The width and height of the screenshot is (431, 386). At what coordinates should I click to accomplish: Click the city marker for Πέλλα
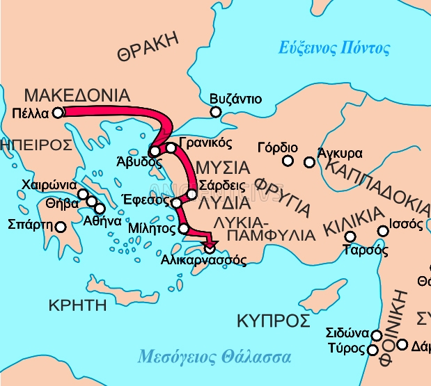click(58, 112)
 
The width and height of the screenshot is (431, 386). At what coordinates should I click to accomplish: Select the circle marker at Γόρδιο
click(288, 161)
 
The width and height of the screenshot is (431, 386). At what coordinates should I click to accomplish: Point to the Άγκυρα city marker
click(310, 162)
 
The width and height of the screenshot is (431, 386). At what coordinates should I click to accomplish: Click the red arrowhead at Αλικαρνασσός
click(210, 246)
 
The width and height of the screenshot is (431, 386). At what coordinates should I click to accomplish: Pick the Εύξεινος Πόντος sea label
click(334, 49)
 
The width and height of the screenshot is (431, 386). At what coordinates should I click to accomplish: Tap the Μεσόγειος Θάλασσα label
click(214, 357)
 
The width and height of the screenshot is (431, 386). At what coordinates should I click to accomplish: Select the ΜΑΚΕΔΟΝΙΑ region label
click(77, 95)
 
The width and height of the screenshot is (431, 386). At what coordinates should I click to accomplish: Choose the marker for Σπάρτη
click(61, 226)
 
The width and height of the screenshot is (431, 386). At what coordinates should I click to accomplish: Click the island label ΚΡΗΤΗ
click(77, 305)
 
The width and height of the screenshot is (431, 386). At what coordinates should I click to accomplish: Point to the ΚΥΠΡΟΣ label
click(273, 321)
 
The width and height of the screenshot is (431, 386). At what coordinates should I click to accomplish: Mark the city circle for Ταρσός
click(350, 236)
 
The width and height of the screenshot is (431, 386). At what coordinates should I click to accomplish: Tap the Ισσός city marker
click(382, 231)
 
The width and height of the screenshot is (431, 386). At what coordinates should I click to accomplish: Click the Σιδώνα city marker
click(377, 336)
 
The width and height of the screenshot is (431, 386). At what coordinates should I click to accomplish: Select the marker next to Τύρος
click(373, 350)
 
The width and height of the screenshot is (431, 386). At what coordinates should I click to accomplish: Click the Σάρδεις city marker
click(192, 193)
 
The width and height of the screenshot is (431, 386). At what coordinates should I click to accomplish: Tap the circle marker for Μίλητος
click(184, 229)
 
